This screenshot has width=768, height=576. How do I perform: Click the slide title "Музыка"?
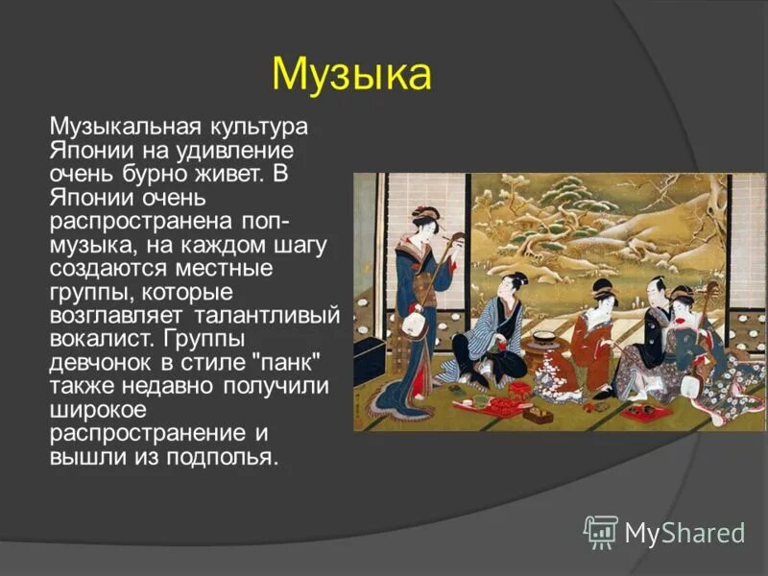click(351, 74)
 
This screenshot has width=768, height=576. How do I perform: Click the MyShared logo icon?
click(601, 531)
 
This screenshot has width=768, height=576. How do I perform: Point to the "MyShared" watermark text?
click(684, 532)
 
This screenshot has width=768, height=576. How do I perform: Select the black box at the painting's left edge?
click(369, 359)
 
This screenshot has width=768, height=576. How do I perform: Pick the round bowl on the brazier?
click(546, 338)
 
